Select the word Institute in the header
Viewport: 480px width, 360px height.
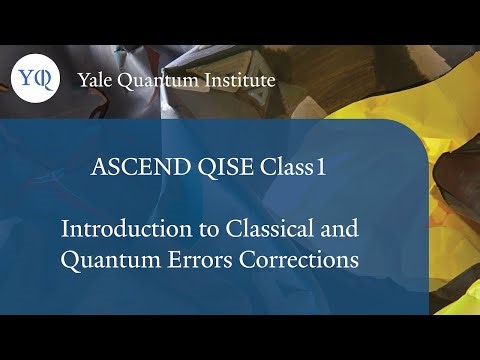tap(239, 80)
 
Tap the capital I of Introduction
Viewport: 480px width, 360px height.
tap(66, 228)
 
